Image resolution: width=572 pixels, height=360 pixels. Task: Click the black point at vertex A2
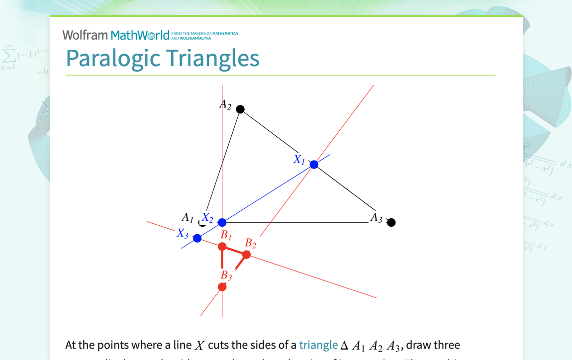click(240, 109)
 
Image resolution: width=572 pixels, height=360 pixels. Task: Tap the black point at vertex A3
click(391, 222)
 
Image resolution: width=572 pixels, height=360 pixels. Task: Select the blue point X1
click(314, 165)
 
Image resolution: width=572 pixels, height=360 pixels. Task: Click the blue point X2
click(222, 222)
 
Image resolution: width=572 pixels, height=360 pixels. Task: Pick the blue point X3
click(197, 238)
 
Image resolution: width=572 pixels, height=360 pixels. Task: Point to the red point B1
click(222, 247)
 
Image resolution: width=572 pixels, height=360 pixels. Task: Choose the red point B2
click(246, 255)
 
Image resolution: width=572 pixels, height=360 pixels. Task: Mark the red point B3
click(222, 287)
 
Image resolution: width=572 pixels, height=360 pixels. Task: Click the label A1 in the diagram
click(188, 217)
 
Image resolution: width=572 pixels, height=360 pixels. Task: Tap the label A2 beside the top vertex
click(225, 104)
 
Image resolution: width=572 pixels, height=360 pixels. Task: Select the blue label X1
click(299, 160)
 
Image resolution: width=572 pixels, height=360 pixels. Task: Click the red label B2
click(250, 243)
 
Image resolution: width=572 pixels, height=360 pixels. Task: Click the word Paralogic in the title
click(113, 58)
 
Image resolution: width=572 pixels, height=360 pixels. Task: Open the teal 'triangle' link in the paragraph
click(318, 345)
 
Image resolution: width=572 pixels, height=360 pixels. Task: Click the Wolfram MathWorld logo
click(116, 35)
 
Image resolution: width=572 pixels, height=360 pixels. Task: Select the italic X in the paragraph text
click(199, 346)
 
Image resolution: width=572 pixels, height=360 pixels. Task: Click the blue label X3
click(183, 233)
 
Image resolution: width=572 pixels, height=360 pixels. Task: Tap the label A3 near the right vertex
click(376, 217)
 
